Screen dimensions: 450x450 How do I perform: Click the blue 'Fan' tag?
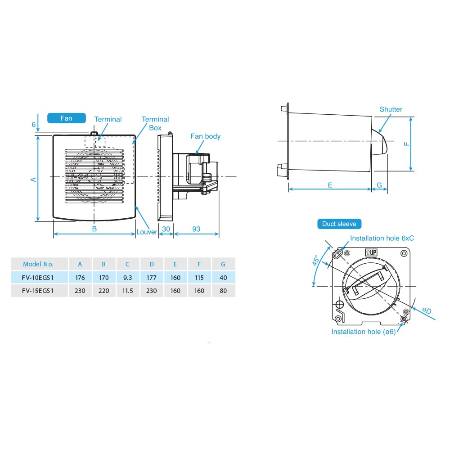[x=66, y=118]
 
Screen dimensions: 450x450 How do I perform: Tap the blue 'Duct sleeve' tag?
[x=339, y=224]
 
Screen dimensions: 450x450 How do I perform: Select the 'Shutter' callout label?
[x=391, y=109]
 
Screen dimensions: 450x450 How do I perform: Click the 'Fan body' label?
[x=205, y=136]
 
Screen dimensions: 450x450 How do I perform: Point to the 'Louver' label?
[x=147, y=232]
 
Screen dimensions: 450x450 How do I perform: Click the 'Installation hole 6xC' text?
[x=382, y=238]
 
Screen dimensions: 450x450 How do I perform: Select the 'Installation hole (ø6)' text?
[x=363, y=332]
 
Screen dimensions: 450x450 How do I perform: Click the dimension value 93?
[x=196, y=229]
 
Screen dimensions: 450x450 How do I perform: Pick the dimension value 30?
[x=166, y=229]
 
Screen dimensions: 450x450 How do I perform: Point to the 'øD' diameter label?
[x=427, y=311]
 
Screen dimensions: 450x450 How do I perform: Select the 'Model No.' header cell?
[x=38, y=264]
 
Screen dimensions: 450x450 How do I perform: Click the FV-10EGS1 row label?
[x=38, y=278]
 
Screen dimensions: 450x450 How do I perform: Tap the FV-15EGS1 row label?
[x=38, y=291]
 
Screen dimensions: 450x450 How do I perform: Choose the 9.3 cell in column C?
[x=128, y=278]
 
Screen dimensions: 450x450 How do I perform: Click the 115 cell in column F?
[x=199, y=278]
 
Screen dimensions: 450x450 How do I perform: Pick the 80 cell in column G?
[x=223, y=291]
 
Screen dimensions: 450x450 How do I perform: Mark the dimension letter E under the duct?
[x=330, y=185]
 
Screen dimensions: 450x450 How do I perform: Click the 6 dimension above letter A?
[x=33, y=124]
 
